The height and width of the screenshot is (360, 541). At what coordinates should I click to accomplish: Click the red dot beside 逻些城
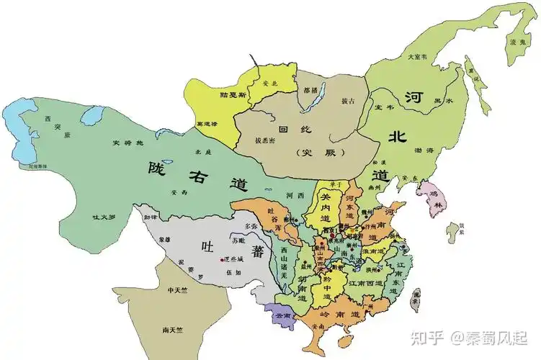click(x=225, y=258)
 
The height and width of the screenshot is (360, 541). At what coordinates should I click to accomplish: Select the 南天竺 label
click(x=173, y=330)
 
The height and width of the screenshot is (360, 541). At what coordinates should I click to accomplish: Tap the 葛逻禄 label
click(x=206, y=123)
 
